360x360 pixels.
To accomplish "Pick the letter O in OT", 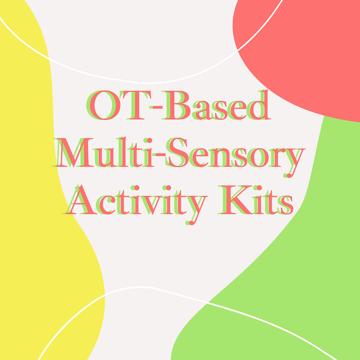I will (104, 106).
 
